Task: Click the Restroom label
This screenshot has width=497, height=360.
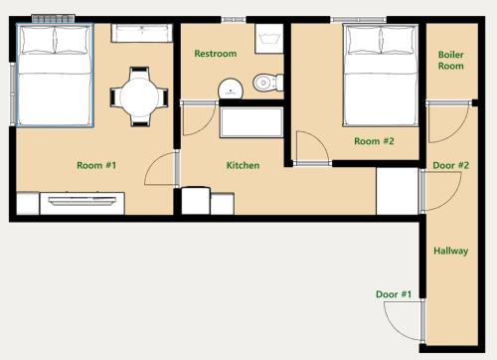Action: point(216,54)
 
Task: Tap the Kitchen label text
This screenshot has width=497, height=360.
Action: point(243,165)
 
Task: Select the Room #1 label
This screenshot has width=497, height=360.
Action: point(96,165)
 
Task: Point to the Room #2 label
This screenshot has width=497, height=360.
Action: point(374,141)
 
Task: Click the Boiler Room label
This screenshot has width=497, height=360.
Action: point(451,60)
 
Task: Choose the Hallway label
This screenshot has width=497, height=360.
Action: point(451,251)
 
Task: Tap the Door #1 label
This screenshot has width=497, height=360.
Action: point(394,294)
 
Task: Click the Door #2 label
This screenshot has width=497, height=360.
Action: point(451,165)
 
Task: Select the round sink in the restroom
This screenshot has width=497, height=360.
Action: point(231,89)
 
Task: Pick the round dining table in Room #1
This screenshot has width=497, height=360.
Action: point(139,97)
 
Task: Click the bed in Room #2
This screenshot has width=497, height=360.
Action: point(381,76)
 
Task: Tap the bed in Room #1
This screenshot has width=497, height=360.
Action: point(55,76)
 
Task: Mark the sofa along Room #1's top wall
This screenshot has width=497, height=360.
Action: point(142,33)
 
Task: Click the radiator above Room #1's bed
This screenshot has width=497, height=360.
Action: point(54,19)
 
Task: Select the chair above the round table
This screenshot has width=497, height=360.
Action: point(139,72)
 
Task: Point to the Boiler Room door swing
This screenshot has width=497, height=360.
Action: point(448,122)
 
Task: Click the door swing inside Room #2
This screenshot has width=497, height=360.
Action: point(312,147)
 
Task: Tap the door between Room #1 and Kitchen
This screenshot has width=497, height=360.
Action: point(161,169)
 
